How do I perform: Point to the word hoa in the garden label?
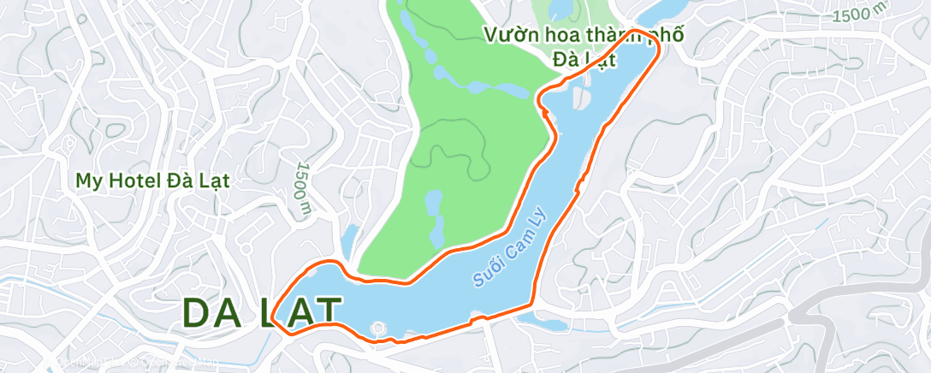(561, 36)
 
